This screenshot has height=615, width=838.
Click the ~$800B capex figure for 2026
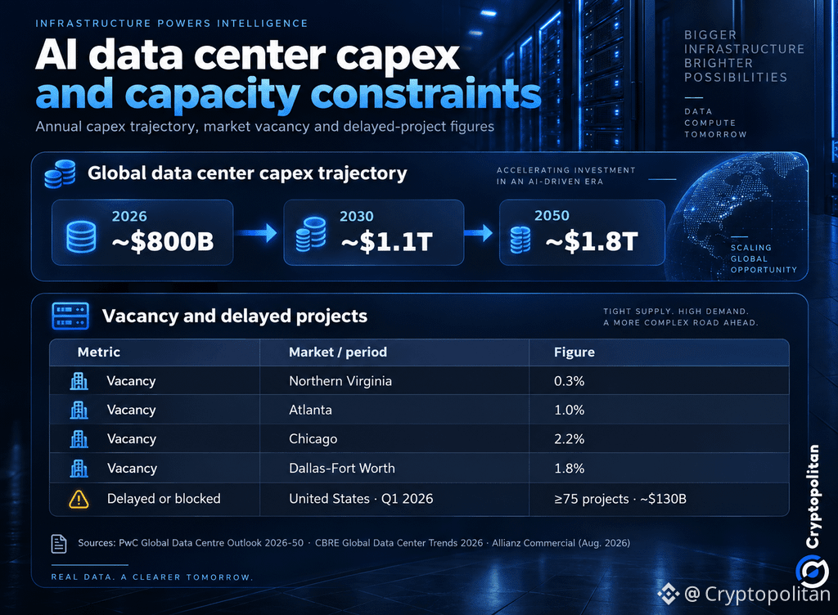tap(163, 241)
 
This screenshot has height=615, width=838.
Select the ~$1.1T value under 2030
tap(386, 242)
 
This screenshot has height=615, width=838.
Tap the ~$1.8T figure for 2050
tap(592, 241)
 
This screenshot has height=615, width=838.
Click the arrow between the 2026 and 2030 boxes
tap(256, 233)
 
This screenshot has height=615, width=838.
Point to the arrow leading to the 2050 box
tap(478, 233)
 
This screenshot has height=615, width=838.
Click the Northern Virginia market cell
tap(340, 381)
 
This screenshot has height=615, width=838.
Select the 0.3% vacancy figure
tap(570, 381)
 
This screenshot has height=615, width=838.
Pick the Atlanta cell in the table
tap(310, 410)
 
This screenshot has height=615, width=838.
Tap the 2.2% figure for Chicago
tap(570, 439)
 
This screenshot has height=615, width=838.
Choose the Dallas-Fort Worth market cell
tap(342, 468)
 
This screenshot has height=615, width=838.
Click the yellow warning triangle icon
tap(79, 499)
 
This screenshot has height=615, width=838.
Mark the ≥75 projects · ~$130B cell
tap(620, 499)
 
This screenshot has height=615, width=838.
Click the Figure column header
tap(574, 352)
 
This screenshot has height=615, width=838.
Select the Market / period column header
tap(338, 352)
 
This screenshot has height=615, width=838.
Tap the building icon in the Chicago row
tap(79, 439)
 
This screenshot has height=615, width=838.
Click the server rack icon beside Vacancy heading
tap(70, 316)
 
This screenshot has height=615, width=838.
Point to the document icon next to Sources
tap(59, 544)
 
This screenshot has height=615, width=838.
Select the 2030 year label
tap(357, 216)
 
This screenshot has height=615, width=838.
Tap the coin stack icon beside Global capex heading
tap(60, 174)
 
